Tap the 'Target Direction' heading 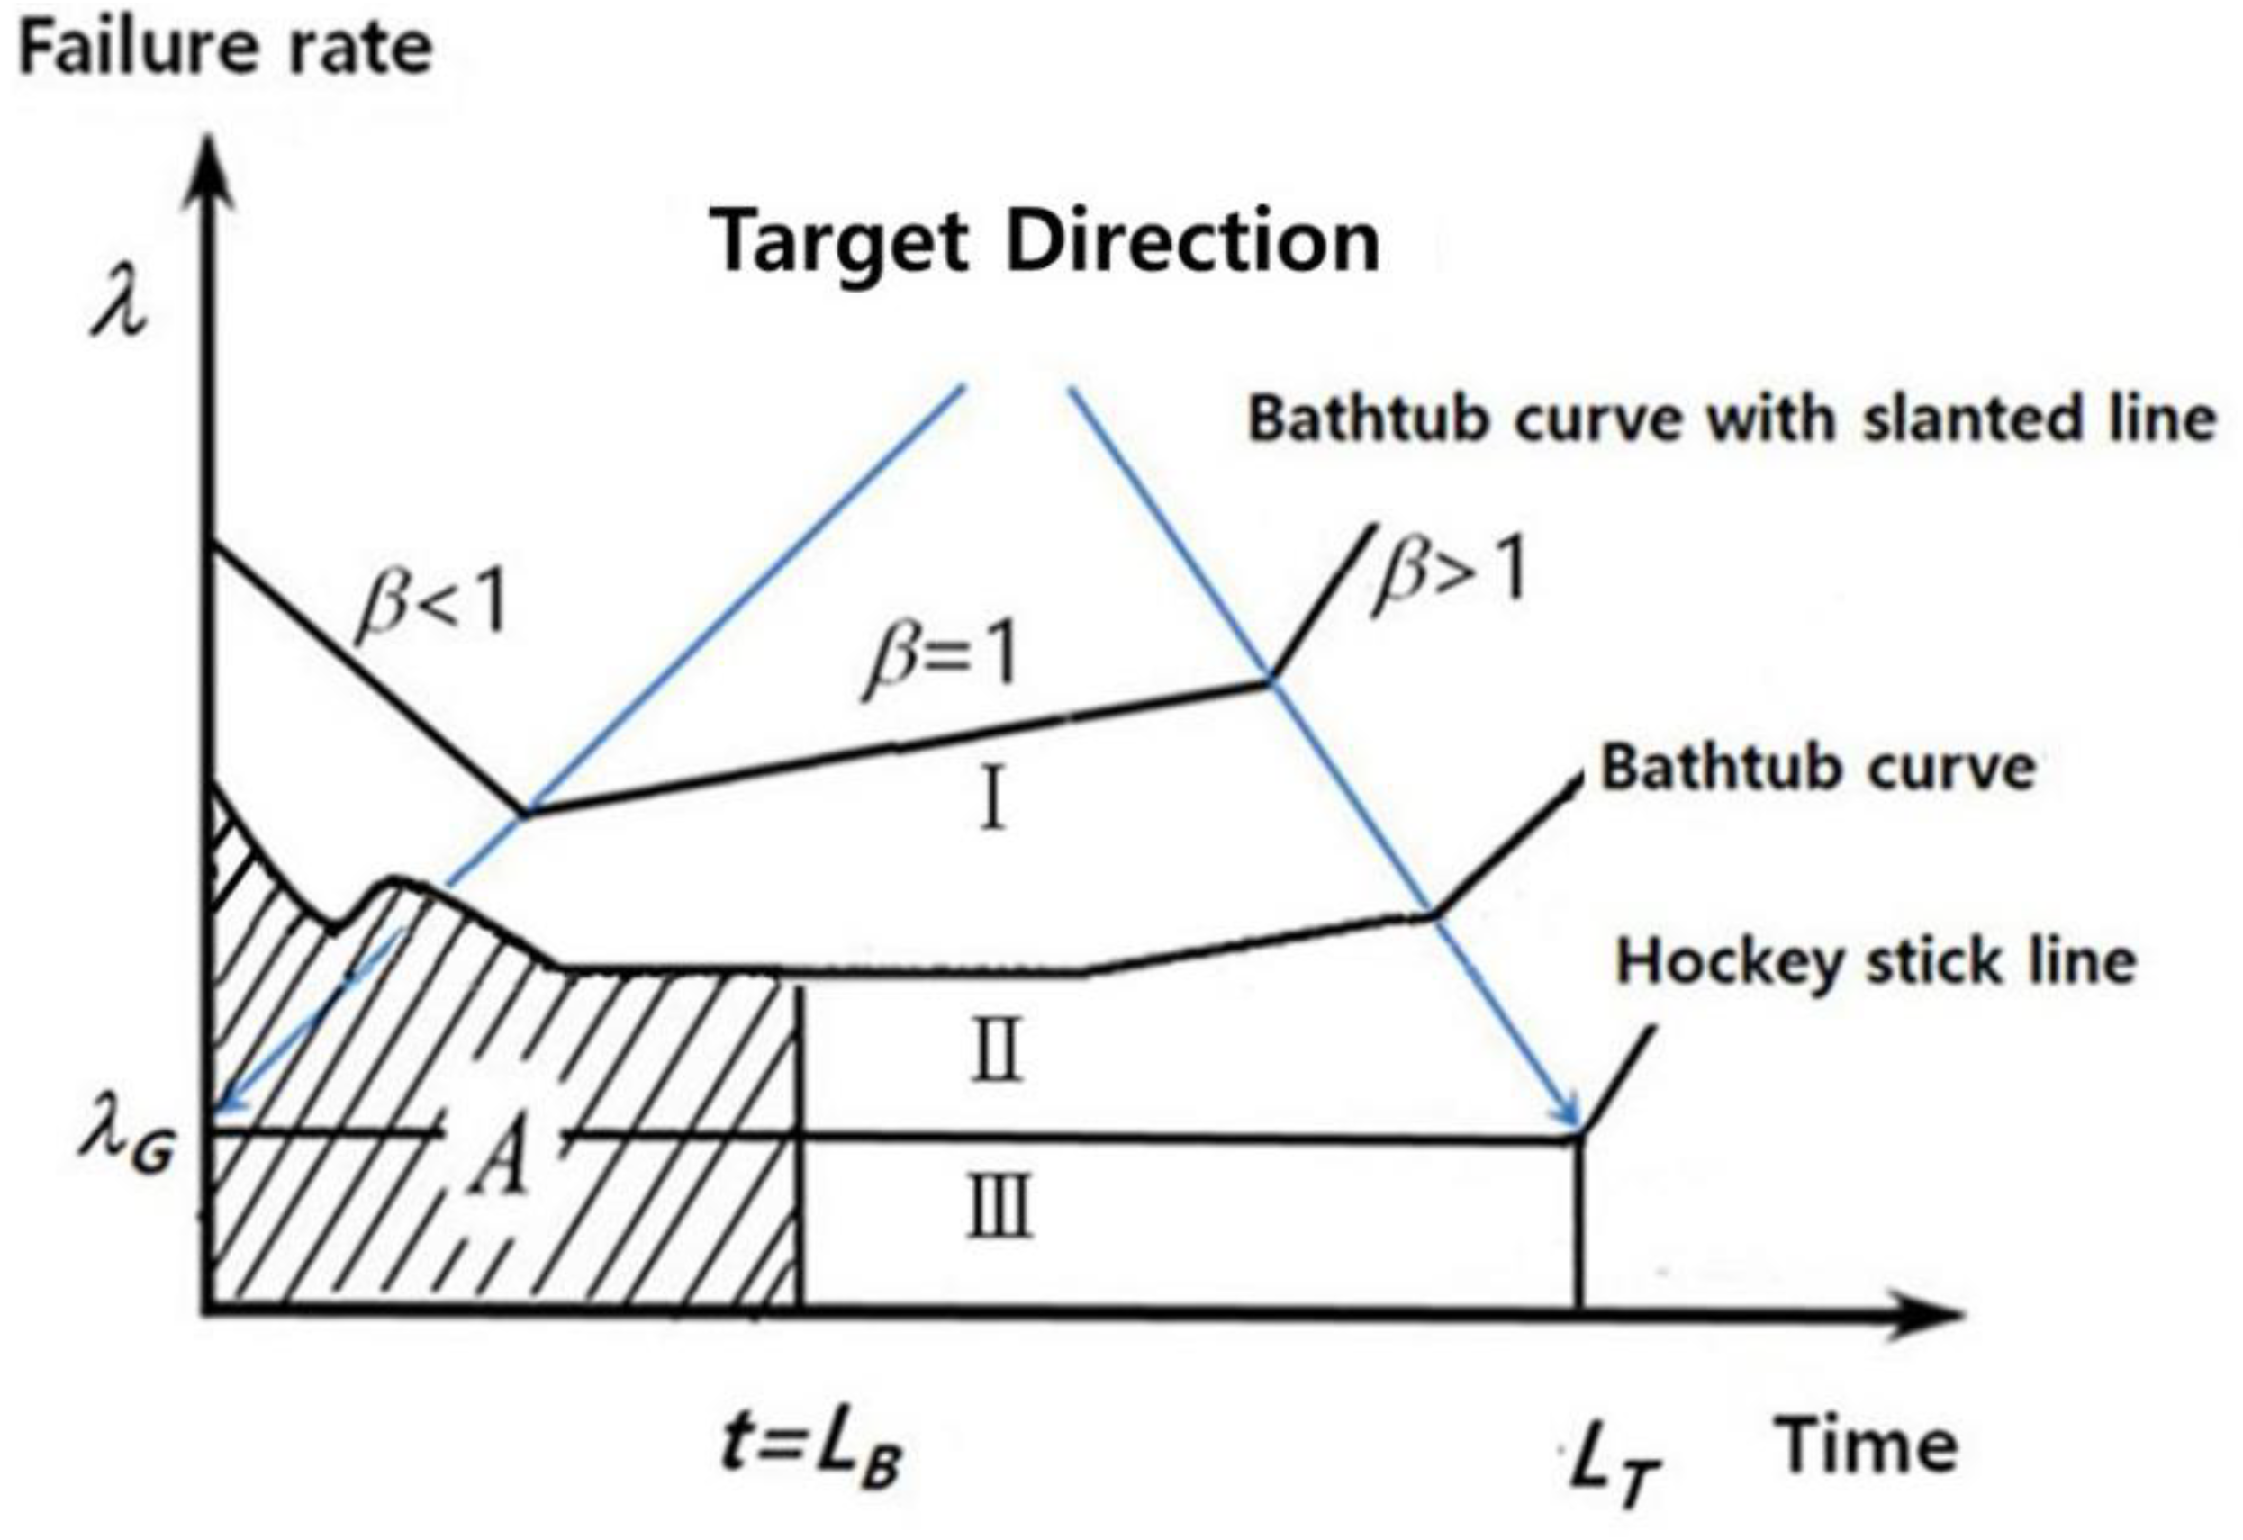click(1046, 241)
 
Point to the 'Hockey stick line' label click(1877, 962)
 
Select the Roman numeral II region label click(997, 1053)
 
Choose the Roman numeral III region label click(999, 1206)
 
